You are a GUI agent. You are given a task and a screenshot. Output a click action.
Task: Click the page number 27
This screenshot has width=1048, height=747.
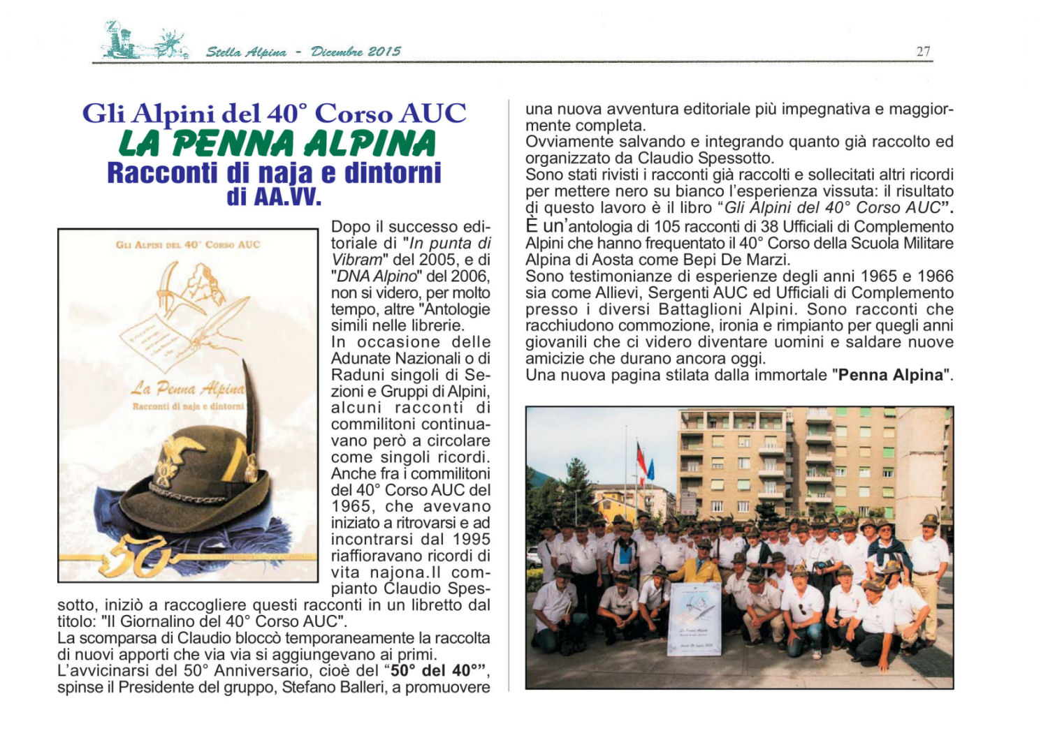(923, 51)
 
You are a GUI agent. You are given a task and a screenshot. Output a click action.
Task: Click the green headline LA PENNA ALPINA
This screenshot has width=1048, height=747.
(277, 144)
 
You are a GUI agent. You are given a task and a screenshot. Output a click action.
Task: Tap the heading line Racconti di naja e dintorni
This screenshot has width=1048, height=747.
(274, 173)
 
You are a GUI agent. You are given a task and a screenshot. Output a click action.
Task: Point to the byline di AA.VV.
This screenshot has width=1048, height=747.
(274, 197)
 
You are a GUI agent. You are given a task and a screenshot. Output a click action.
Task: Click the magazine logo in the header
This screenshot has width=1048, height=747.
(143, 42)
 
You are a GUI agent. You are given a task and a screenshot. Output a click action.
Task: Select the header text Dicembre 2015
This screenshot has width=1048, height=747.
(356, 52)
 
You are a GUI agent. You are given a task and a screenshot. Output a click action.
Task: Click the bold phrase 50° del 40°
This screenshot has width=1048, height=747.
(439, 671)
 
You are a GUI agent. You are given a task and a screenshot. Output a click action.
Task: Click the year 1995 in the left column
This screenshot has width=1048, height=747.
(471, 540)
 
